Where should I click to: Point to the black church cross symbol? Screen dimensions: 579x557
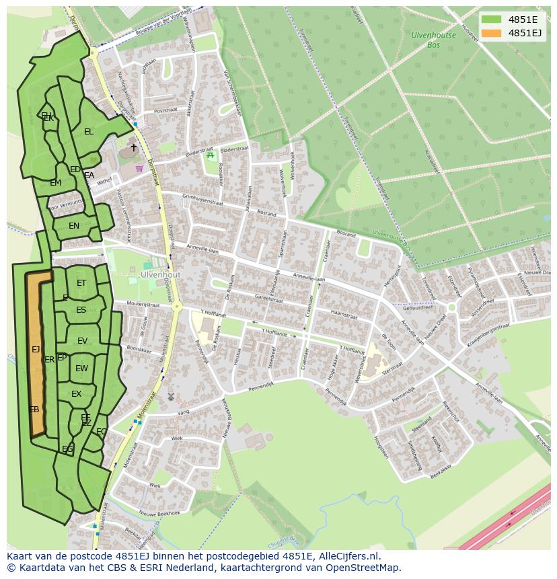(133, 147)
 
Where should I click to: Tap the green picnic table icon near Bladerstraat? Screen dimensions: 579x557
(211, 155)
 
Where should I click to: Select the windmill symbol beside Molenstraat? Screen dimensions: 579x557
(171, 397)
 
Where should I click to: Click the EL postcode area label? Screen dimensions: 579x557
(89, 132)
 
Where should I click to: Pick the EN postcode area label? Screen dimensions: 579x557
(74, 226)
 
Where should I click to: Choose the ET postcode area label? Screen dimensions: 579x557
(81, 283)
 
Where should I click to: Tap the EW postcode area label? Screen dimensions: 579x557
(81, 369)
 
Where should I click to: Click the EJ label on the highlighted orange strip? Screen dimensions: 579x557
(36, 349)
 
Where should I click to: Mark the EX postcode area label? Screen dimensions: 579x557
(76, 394)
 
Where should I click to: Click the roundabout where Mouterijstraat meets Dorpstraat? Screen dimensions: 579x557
(177, 307)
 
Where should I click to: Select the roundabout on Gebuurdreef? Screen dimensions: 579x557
(452, 307)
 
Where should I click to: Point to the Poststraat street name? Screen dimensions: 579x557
(165, 110)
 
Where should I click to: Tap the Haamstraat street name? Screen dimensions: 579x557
(343, 313)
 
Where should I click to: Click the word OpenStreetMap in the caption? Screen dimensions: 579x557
(363, 568)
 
